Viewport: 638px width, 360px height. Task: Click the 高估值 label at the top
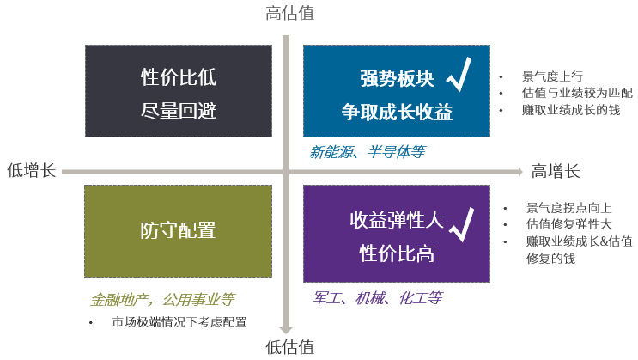pos(289,13)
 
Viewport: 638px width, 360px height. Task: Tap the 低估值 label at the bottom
pos(289,347)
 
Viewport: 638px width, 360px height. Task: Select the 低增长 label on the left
pos(30,170)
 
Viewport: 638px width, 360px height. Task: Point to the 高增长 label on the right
pos(556,170)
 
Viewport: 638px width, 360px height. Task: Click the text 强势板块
pos(397,79)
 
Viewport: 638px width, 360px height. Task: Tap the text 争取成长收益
pos(397,112)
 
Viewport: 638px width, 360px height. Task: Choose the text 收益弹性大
pos(396,220)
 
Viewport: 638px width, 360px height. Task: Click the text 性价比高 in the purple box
pos(396,253)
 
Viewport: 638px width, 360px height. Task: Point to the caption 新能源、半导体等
pos(368,151)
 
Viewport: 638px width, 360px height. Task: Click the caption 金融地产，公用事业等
pos(162,300)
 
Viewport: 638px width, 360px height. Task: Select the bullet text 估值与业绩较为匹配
pos(576,92)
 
